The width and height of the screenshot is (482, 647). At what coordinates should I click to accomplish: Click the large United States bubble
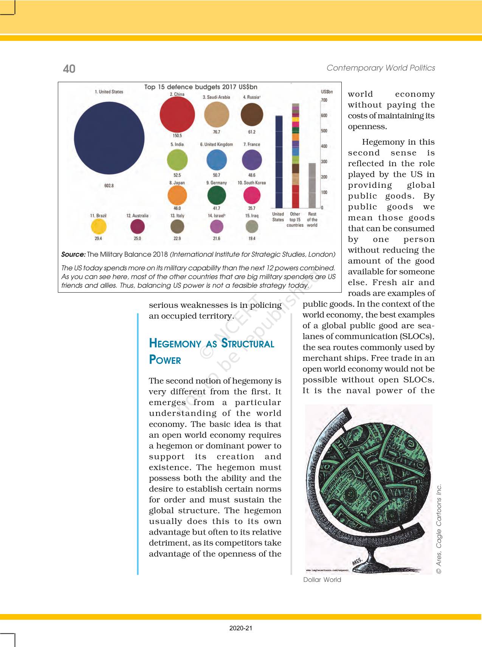click(109, 139)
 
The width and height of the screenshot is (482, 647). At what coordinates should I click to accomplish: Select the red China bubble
click(177, 114)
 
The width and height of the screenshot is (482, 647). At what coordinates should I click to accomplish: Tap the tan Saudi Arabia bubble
click(217, 115)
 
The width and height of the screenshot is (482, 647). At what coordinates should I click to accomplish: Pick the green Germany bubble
click(217, 195)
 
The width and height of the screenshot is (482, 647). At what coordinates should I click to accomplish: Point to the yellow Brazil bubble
click(99, 227)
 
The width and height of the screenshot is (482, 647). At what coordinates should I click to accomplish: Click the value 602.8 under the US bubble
click(109, 186)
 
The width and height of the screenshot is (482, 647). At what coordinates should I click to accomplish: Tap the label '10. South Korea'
click(251, 183)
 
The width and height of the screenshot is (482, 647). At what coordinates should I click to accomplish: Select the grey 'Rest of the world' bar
click(312, 186)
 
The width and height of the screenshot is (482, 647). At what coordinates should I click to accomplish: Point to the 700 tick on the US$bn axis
click(324, 100)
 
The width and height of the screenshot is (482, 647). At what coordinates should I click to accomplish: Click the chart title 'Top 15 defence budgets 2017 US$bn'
click(201, 87)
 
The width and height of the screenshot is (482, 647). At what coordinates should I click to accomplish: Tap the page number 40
click(69, 69)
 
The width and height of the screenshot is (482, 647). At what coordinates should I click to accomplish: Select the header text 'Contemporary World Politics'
click(381, 68)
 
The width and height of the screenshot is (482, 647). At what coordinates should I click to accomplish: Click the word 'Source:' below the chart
click(73, 254)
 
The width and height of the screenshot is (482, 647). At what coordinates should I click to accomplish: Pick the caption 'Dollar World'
click(322, 580)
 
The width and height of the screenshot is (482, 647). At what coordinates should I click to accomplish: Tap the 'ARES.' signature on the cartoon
click(357, 561)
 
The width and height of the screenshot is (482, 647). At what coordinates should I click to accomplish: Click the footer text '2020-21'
click(241, 628)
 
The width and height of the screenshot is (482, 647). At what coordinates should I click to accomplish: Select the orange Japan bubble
click(177, 195)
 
